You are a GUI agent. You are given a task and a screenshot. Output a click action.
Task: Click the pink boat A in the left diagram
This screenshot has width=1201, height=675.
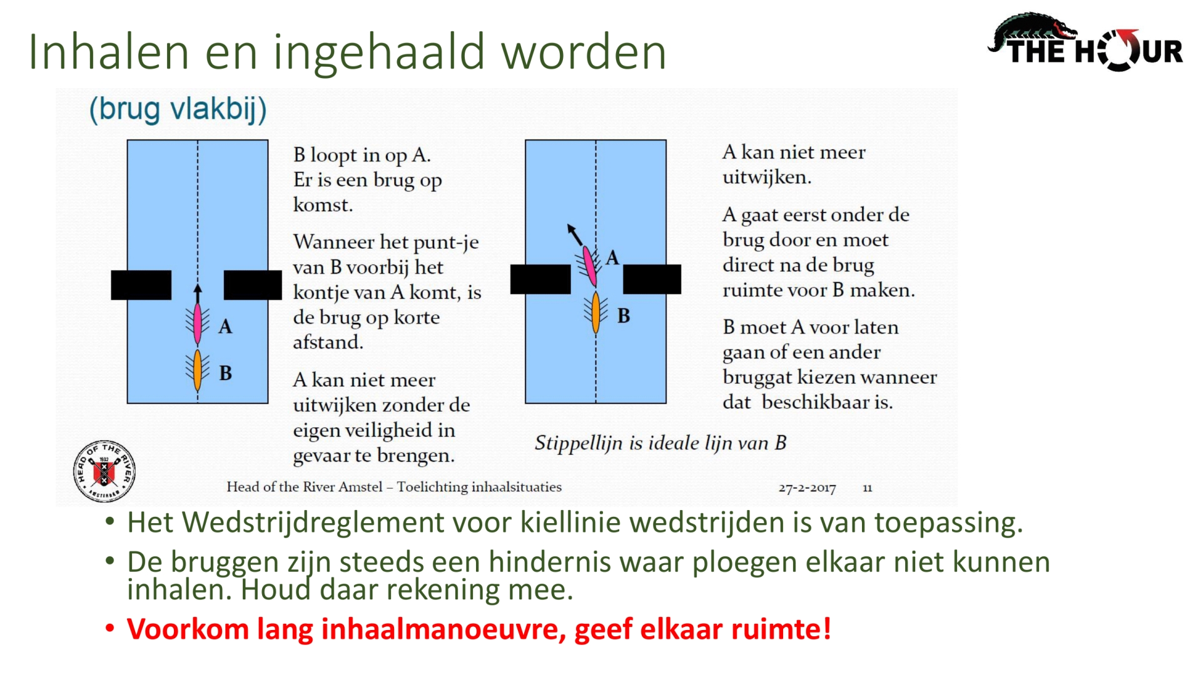198,324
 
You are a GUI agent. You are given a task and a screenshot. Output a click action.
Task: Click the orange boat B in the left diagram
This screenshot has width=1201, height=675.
198,369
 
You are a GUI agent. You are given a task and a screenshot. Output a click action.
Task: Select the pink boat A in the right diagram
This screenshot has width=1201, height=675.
589,266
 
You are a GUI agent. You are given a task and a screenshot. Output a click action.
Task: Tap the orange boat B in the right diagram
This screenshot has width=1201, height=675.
595,312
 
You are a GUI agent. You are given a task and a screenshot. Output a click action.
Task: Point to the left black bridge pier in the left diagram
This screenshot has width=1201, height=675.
141,285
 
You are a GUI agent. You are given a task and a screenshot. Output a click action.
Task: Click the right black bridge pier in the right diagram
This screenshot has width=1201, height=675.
652,279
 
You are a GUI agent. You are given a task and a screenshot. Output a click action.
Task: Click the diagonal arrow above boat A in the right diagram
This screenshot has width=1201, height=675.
575,234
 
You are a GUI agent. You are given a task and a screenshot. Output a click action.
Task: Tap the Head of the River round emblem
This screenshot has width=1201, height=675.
104,471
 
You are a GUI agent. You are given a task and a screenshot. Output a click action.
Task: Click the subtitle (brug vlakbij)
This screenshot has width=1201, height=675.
178,109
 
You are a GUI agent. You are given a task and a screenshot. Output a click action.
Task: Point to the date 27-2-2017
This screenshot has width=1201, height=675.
807,487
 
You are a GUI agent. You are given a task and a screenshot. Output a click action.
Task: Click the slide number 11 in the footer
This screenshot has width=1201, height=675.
867,487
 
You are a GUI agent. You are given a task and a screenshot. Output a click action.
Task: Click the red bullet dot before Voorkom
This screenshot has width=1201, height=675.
110,627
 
